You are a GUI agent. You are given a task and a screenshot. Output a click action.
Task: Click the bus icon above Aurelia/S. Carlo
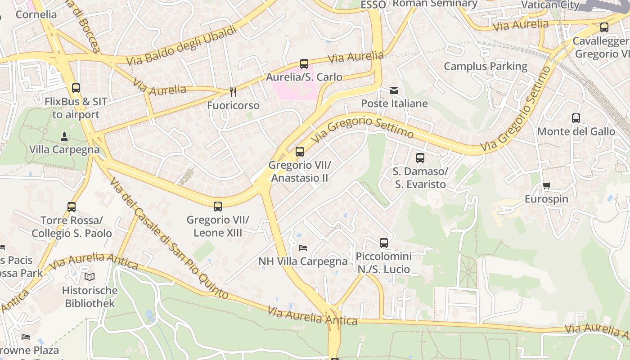[304, 64]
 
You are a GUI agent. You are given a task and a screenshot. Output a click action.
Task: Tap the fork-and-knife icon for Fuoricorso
[233, 92]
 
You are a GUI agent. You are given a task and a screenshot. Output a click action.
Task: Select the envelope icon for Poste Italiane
[394, 90]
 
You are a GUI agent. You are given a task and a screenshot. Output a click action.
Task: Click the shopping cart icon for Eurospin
[547, 186]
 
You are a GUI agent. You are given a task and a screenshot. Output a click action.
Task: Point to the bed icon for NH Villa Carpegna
[303, 248]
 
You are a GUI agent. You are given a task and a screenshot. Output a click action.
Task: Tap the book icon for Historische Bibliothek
[90, 277]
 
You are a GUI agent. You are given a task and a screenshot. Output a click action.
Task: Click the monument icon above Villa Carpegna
[64, 136]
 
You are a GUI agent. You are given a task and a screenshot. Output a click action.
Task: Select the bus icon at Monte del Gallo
[576, 118]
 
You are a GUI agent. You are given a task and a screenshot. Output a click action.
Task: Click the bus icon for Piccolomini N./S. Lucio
[383, 243]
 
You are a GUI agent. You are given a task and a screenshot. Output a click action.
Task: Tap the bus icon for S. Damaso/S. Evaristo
[420, 158]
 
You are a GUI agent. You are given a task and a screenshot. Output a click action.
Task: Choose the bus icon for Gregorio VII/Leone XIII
[218, 207]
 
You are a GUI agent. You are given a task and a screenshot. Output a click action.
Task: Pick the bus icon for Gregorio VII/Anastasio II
[300, 152]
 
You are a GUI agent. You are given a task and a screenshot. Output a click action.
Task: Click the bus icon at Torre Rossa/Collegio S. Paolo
[72, 207]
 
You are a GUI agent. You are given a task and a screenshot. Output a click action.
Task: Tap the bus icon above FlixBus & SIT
[76, 88]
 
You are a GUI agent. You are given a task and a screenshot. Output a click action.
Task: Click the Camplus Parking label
[485, 67]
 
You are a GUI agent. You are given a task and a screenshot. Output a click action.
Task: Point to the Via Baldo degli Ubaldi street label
[181, 45]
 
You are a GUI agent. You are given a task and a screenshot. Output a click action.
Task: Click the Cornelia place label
[36, 14]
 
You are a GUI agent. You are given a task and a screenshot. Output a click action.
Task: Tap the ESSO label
[373, 4]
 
